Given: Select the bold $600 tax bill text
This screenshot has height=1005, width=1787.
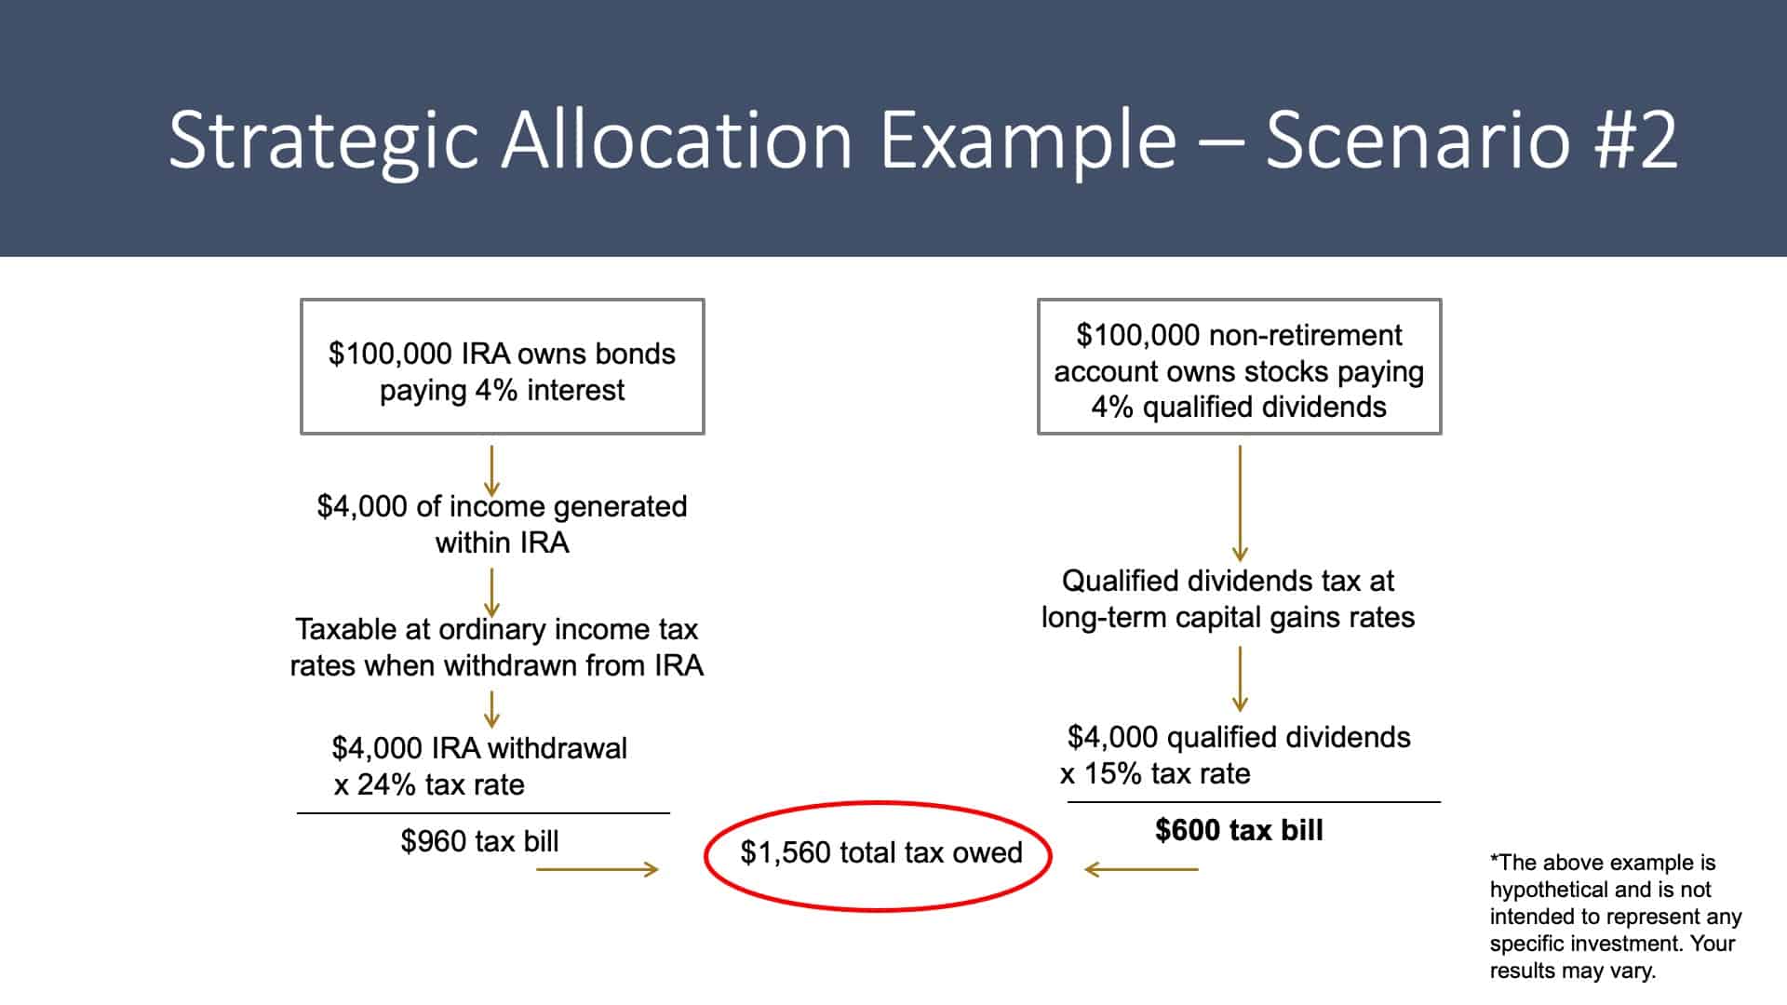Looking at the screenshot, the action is pos(1239,830).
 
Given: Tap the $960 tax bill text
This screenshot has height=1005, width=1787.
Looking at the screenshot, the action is pos(479,841).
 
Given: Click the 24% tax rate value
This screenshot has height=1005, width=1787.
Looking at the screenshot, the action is pos(385,784).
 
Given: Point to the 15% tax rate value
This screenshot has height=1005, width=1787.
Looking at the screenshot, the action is pos(1113,773).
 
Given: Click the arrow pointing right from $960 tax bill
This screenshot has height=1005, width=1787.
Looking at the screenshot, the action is pos(598,870).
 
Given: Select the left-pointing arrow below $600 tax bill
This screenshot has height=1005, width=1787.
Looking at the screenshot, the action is pos(1141,870).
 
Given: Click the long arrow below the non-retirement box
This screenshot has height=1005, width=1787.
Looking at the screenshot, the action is pos(1240,502).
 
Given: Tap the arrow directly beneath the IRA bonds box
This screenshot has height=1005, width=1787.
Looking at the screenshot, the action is pos(491,471).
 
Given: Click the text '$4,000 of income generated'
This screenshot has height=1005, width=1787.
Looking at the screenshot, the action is pos(503,506).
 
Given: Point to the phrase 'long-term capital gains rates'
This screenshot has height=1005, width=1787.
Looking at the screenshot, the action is pos(1228,617).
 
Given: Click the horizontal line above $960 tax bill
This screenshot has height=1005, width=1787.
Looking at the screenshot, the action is pos(483,813).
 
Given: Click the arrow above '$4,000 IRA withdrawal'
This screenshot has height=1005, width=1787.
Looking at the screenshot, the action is pos(491,708).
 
